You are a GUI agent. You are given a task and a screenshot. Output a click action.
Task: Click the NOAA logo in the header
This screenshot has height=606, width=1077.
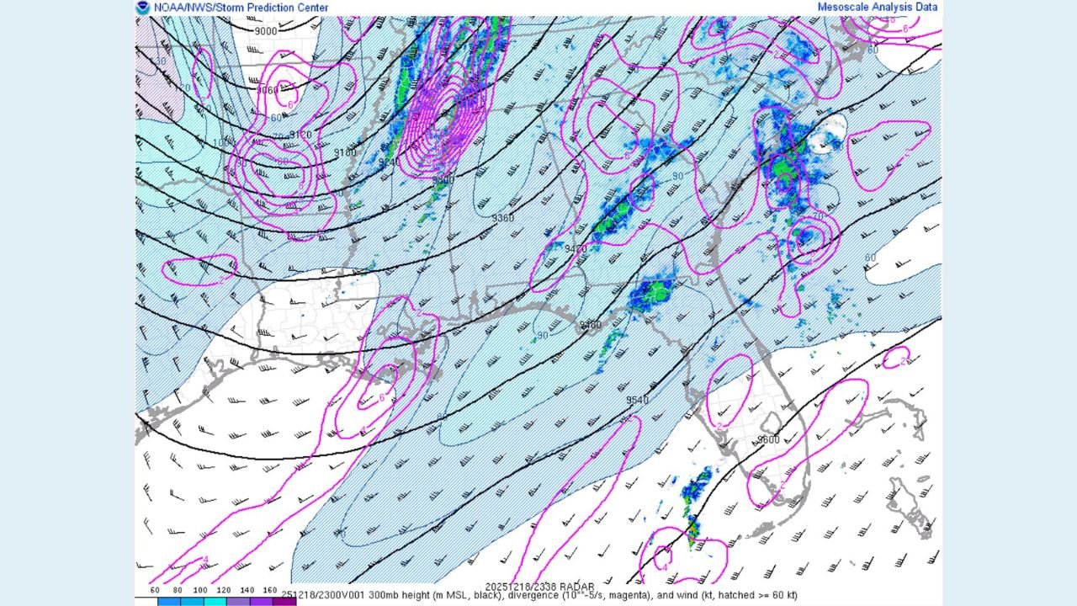click(x=143, y=7)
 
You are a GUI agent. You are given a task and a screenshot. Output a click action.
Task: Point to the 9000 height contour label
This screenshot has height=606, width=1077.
click(x=265, y=31)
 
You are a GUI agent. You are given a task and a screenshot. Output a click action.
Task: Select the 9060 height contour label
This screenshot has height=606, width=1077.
click(x=268, y=90)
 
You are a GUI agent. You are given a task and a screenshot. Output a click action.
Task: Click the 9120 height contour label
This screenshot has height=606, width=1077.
click(x=300, y=134)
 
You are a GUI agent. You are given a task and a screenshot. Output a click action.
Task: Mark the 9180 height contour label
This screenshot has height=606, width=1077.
click(x=345, y=152)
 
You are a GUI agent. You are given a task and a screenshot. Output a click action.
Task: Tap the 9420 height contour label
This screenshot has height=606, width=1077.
click(x=576, y=249)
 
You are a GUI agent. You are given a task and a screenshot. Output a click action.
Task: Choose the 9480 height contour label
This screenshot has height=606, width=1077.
click(x=591, y=324)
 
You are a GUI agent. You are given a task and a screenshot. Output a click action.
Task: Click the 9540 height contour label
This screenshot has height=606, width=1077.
click(x=637, y=400)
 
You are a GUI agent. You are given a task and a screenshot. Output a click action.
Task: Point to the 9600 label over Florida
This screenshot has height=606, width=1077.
click(x=768, y=439)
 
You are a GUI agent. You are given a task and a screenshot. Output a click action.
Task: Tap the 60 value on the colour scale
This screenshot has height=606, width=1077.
click(x=156, y=591)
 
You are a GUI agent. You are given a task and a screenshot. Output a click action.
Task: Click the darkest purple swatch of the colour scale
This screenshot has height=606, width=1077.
click(x=284, y=601)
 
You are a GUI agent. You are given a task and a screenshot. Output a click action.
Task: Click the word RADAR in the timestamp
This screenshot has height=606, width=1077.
click(x=577, y=587)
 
